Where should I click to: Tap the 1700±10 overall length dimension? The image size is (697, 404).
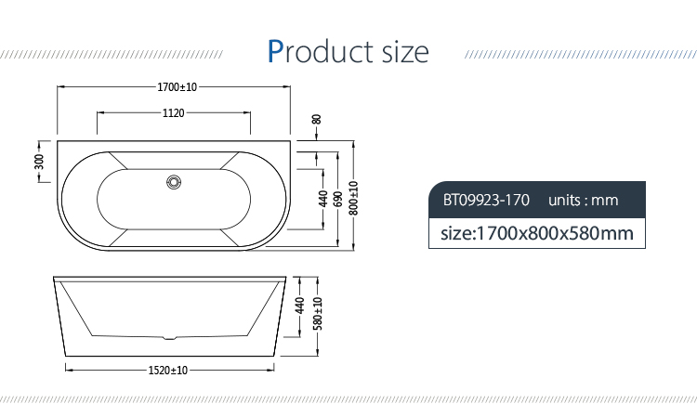coord(177,87)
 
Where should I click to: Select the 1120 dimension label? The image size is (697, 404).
coord(174,113)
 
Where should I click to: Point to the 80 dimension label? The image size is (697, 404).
coord(316,119)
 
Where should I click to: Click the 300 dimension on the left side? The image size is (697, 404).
coord(39,162)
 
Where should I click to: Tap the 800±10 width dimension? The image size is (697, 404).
coord(354,197)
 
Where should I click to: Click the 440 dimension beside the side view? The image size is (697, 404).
coord(300,306)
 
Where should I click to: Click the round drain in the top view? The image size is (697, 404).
coord(173,182)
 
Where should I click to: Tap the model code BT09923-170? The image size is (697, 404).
coord(486,200)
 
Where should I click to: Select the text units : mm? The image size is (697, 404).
coord(583,200)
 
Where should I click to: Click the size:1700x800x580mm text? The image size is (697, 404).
coord(536,232)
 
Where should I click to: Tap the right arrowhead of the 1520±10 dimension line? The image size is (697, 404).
coord(278,371)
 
